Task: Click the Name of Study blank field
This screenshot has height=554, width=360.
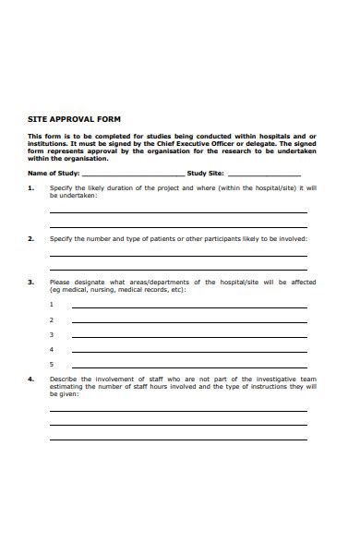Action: [134, 174]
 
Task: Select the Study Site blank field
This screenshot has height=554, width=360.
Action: [264, 174]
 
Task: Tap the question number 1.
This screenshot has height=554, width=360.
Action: [30, 187]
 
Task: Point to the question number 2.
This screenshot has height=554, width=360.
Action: [30, 238]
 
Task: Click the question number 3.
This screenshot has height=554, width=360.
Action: [30, 282]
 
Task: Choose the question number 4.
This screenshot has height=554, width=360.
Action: [30, 379]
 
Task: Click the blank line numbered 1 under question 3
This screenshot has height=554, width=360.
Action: [189, 307]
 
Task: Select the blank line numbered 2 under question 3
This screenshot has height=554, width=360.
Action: [189, 321]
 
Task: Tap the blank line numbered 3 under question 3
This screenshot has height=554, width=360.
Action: [189, 336]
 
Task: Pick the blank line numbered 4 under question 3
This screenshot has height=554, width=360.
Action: [189, 351]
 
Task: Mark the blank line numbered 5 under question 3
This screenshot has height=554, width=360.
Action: [189, 366]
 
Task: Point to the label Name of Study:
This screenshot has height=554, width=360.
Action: [54, 173]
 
